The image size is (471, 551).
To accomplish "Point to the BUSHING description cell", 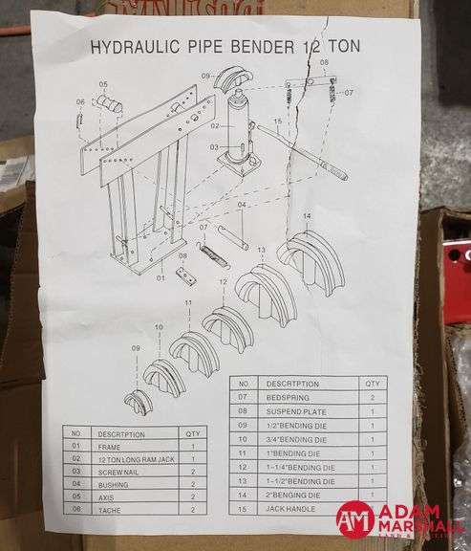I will [x=114, y=485].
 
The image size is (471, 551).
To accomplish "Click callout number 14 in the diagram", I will [x=307, y=217].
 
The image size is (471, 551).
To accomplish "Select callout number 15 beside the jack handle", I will [x=277, y=121].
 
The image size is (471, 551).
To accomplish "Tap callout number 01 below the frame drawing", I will [x=161, y=279].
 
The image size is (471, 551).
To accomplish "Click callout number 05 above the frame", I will [x=103, y=84].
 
